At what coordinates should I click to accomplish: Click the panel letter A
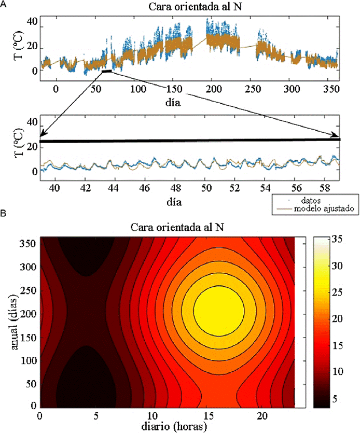4,4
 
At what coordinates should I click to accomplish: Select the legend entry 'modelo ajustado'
310,209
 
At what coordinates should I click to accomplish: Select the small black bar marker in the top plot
107,71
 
